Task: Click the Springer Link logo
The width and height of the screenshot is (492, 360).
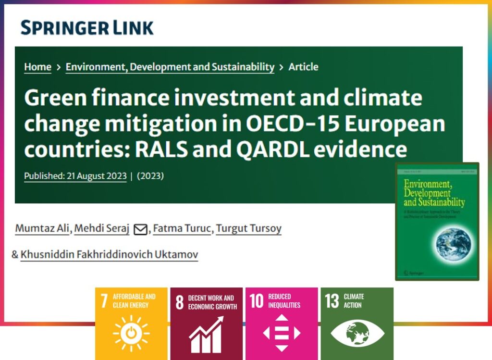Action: (x=87, y=28)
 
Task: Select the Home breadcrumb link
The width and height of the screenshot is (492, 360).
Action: (x=37, y=67)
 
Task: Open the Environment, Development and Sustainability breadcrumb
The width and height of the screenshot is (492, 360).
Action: (x=170, y=67)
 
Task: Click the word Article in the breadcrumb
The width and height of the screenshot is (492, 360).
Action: (x=303, y=67)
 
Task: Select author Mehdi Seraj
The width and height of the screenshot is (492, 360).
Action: (x=103, y=228)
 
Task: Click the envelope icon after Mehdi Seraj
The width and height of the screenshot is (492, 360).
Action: (x=140, y=229)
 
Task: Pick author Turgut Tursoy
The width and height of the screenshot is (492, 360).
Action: (x=248, y=228)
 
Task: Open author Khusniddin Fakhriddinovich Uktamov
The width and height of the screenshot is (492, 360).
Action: (x=110, y=254)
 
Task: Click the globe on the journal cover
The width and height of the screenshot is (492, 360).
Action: (x=453, y=244)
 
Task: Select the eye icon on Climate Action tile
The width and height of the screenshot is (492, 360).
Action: (x=357, y=333)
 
